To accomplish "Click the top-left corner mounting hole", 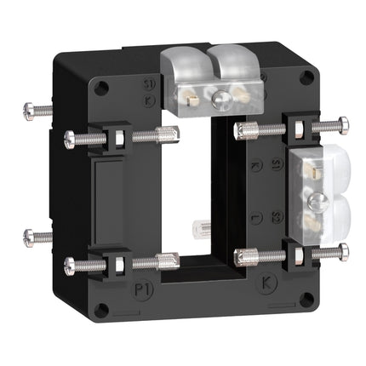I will coord(102,85).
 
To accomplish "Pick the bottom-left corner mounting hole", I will coord(102,311).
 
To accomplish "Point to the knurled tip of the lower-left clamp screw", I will coord(168,257).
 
